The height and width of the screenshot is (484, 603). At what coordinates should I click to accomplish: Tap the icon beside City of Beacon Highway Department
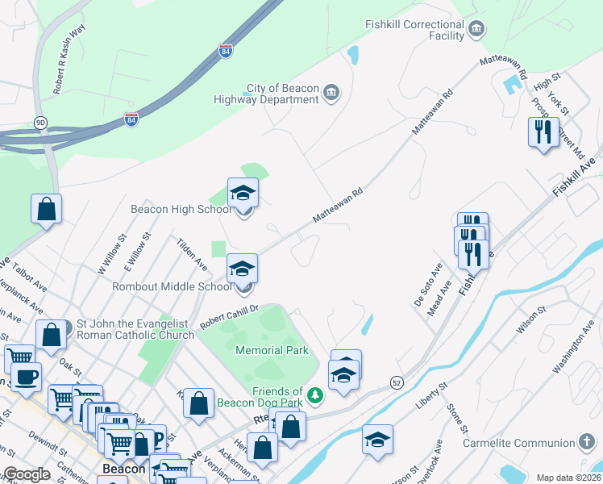point(331,94)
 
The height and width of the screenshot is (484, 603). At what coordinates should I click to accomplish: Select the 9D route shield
point(40,123)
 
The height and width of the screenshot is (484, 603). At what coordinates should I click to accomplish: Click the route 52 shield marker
point(396,382)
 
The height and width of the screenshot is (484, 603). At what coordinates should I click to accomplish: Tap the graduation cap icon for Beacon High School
point(242,193)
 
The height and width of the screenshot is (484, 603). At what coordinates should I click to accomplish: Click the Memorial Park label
point(272,350)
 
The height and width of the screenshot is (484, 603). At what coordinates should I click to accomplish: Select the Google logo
point(26,474)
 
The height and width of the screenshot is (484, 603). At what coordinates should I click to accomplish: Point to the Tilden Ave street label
point(192,254)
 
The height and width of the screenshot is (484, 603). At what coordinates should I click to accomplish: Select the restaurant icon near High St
point(543,131)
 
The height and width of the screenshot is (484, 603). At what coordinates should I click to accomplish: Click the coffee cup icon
point(26,377)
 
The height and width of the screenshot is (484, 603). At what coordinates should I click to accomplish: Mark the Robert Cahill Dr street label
point(229,314)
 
